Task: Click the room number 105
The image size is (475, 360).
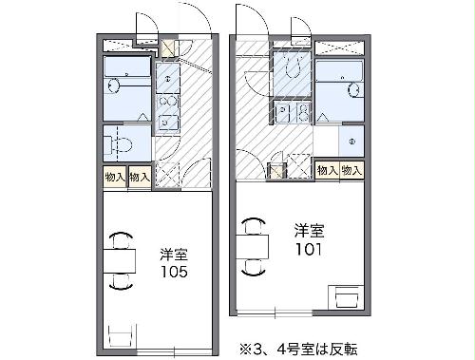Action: [174, 272]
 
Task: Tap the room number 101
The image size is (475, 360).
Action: [308, 250]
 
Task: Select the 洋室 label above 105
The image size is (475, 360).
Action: [174, 254]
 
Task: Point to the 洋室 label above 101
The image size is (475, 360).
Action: [308, 231]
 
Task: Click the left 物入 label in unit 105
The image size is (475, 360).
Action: [115, 177]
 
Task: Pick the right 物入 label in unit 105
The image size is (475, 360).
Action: [140, 177]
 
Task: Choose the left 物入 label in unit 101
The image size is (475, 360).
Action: [326, 170]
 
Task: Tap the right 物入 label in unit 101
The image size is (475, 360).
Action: [351, 170]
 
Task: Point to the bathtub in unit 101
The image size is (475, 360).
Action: [339, 75]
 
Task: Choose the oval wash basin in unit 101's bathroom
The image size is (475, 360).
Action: [353, 92]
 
